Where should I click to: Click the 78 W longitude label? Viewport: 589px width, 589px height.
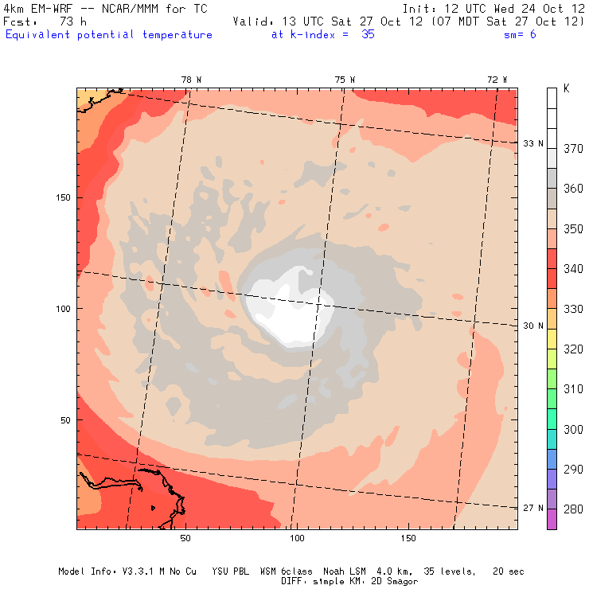pos(191,79)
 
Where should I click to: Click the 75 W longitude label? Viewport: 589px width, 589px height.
pos(345,79)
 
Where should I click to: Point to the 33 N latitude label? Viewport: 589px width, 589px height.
pos(533,143)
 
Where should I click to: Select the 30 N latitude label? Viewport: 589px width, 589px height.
pos(533,326)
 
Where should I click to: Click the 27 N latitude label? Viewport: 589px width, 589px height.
pos(533,508)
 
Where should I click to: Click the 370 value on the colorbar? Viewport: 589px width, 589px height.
pos(573,148)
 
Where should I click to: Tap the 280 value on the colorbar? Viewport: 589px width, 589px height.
pos(573,509)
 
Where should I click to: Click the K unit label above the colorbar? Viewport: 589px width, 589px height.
pos(567,89)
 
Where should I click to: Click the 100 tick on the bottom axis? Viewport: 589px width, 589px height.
pos(298,539)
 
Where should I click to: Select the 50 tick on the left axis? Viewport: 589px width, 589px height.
pos(65,419)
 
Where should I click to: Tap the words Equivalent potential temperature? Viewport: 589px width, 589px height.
pos(109,35)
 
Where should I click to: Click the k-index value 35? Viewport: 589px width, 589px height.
pos(368,35)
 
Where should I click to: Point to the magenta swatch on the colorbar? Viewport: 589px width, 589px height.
pos(552,519)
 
